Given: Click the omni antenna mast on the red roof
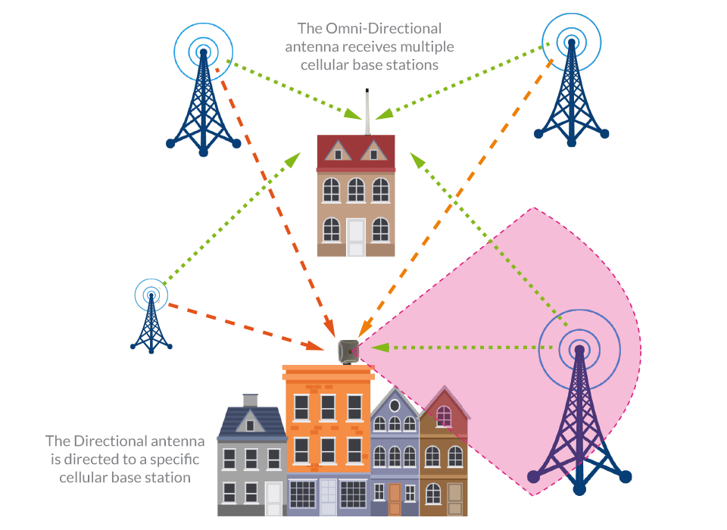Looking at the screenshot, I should tap(367, 110).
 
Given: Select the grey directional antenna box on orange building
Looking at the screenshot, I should tap(348, 351).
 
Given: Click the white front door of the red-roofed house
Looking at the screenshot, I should tap(356, 237).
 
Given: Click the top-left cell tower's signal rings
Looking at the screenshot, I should tap(202, 50).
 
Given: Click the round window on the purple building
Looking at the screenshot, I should tap(395, 406).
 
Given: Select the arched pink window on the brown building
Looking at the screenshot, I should tap(444, 416).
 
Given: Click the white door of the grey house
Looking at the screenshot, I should tap(273, 497).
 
